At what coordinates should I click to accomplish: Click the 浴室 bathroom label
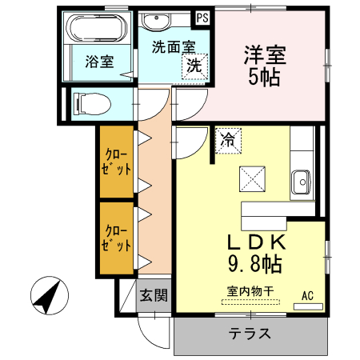click(98, 61)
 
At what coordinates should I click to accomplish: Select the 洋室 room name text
click(265, 55)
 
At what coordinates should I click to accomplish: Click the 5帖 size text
click(265, 78)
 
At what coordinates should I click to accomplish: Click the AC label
click(308, 295)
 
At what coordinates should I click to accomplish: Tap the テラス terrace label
click(250, 334)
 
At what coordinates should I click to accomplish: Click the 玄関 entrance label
click(154, 295)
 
